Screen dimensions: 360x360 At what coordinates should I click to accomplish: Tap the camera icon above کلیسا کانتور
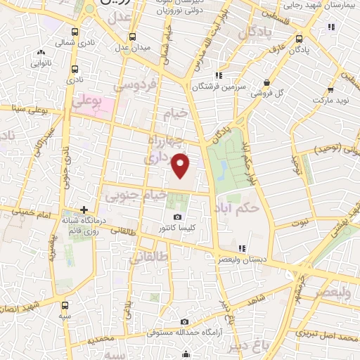click(177, 217)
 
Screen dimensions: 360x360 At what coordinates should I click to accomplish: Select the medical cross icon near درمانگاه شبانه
click(84, 210)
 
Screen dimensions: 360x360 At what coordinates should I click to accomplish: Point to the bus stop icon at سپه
click(66, 305)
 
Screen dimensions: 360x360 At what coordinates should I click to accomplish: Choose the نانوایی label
click(41, 63)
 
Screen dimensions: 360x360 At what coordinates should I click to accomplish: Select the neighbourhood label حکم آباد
click(259, 207)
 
